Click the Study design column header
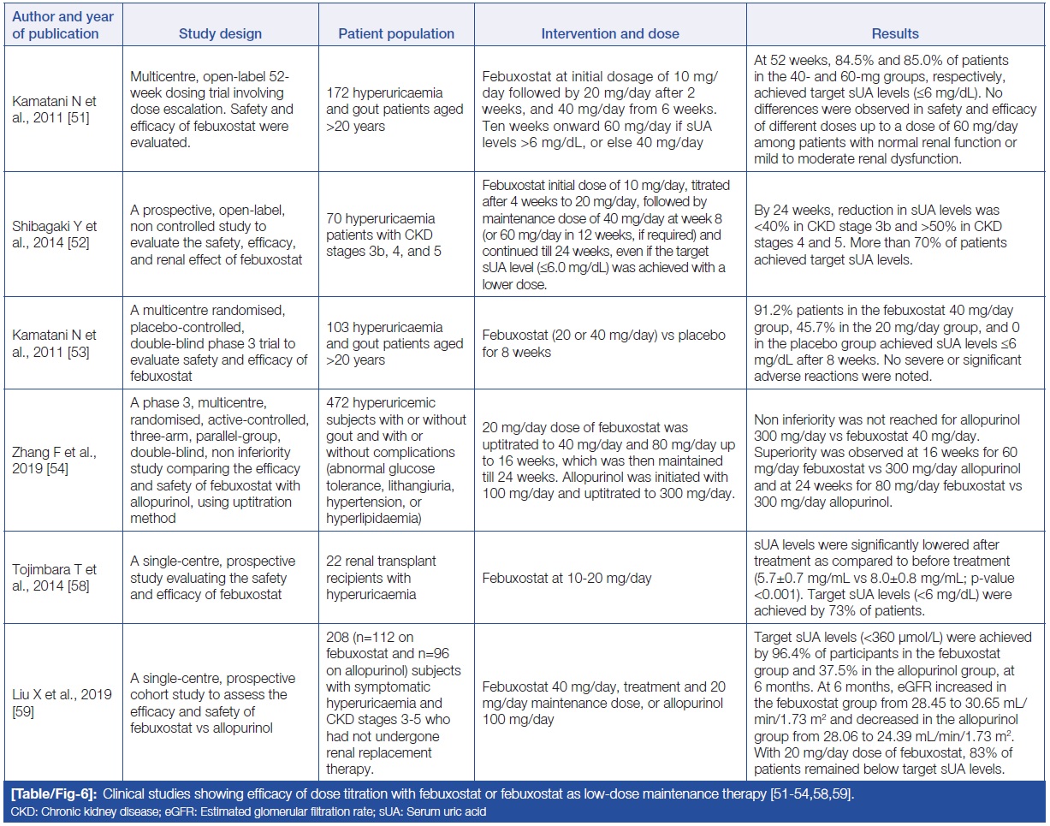tap(220, 34)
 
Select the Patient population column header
tap(396, 34)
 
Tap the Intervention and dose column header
tap(610, 34)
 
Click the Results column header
tap(895, 34)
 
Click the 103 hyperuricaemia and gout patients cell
tap(395, 343)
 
